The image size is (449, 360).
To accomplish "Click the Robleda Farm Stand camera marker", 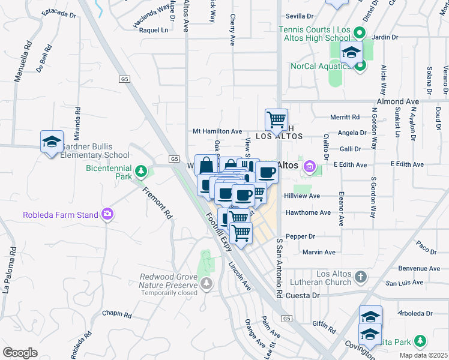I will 107,214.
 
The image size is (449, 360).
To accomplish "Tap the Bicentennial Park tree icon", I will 141,172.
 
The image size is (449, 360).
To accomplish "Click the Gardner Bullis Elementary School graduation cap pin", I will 52,142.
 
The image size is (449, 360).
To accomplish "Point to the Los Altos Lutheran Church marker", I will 360,277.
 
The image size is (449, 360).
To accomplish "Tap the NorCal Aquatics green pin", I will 360,65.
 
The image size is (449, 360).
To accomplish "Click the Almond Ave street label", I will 397,102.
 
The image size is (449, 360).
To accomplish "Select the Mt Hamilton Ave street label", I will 217,131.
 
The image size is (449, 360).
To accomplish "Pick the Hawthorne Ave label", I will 309,212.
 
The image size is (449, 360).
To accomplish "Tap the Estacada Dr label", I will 58,13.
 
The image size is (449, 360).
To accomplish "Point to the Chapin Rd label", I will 116,314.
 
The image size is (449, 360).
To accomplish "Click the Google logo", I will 20,353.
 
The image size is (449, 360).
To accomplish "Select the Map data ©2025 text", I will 424,355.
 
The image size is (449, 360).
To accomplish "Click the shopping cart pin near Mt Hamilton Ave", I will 276,119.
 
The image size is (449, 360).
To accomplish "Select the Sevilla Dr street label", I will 300,16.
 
